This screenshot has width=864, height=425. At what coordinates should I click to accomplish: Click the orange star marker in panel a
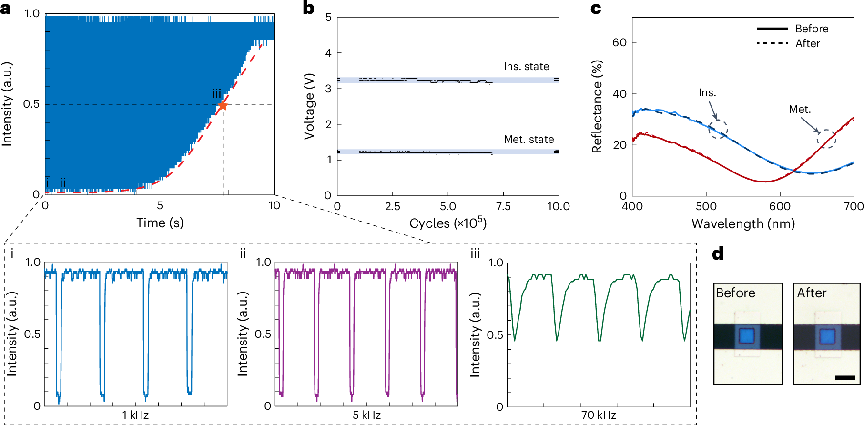coord(222,105)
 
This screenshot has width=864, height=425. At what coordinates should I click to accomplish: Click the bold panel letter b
coord(308,8)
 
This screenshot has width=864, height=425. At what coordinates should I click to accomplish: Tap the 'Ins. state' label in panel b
coord(526,67)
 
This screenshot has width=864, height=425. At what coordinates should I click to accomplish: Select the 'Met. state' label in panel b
coord(529,140)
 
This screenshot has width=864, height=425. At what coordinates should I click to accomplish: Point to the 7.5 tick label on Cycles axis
coord(503,206)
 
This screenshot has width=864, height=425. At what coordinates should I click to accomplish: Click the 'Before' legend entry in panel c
coord(812,29)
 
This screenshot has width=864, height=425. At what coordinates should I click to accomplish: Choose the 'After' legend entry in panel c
coord(807,43)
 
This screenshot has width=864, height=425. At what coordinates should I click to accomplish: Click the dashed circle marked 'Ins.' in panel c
coord(718,129)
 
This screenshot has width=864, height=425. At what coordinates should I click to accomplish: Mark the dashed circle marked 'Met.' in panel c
coord(826,139)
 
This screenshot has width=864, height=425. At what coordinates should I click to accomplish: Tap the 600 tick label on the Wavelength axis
coord(780,206)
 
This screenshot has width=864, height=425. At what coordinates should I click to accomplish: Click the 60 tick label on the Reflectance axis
coord(619,43)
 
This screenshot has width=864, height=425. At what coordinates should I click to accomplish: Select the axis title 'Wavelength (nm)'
coord(743,223)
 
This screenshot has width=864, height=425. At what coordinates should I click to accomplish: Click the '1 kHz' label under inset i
coord(135,415)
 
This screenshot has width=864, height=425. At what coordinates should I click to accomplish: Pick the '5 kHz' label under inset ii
coord(366,415)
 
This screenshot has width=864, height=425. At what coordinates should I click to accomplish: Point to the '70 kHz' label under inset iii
coord(599,415)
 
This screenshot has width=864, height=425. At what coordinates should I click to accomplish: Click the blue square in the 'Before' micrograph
coord(747,336)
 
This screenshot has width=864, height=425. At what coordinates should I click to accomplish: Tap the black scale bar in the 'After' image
coord(845,378)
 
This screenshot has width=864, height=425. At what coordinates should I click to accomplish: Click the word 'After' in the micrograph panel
coord(812,293)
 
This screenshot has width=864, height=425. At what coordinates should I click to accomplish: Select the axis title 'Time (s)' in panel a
coord(160,223)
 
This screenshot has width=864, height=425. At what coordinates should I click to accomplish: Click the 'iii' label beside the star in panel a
coord(216,94)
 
